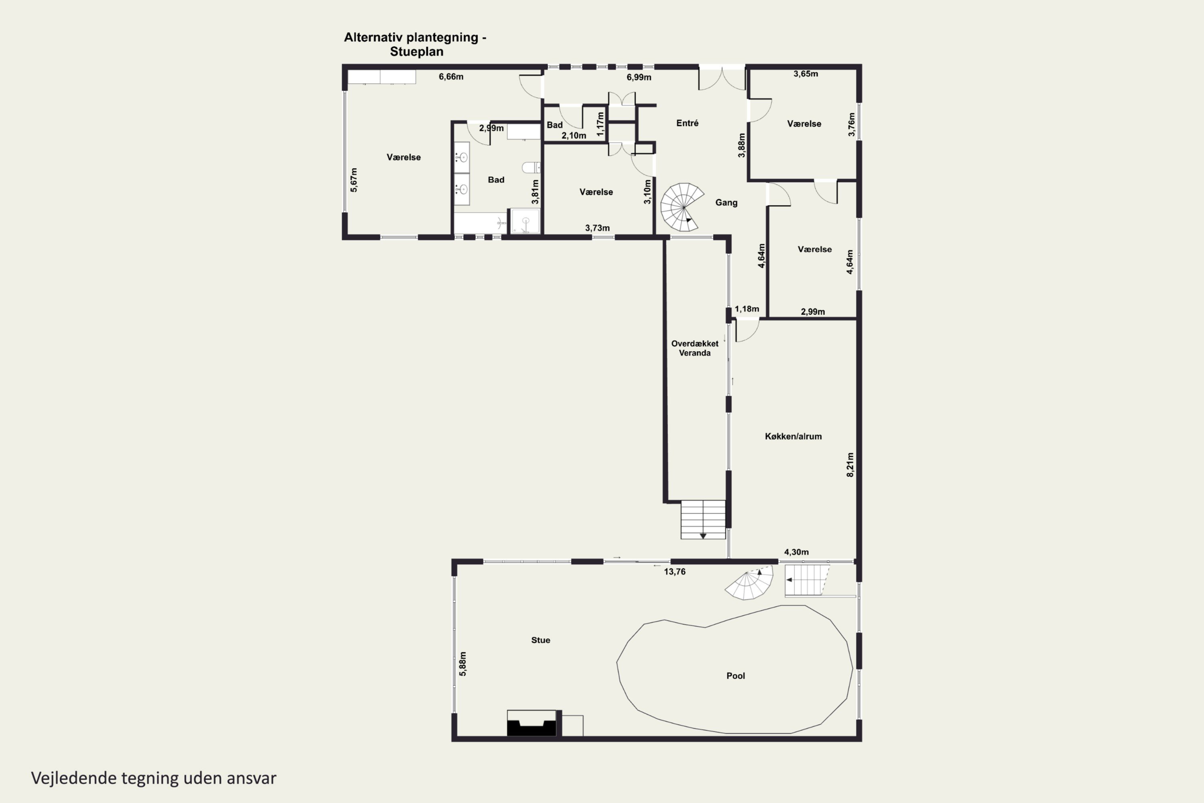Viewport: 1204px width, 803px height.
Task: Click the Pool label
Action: click(736, 676)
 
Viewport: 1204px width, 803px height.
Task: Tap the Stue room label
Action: click(541, 640)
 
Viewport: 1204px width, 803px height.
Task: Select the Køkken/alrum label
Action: click(793, 436)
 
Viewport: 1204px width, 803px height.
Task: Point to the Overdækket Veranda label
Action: click(695, 348)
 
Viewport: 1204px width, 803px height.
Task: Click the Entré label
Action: click(687, 123)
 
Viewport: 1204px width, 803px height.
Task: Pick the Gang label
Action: click(726, 203)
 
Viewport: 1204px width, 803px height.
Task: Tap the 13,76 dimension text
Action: click(675, 571)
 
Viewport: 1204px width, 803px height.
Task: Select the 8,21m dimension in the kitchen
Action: click(850, 465)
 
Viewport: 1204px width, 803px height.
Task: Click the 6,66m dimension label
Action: click(451, 77)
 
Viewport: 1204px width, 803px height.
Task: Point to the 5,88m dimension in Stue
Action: click(463, 664)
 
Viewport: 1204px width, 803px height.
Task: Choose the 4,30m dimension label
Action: click(797, 552)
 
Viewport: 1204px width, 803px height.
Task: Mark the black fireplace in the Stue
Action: click(531, 723)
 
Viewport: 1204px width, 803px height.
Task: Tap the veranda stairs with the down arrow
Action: click(703, 519)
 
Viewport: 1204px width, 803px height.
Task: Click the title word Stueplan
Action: click(417, 52)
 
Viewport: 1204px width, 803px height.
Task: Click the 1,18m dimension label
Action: click(747, 309)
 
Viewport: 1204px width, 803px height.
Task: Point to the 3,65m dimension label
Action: click(806, 74)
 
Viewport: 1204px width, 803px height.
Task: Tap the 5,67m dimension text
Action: click(354, 180)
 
